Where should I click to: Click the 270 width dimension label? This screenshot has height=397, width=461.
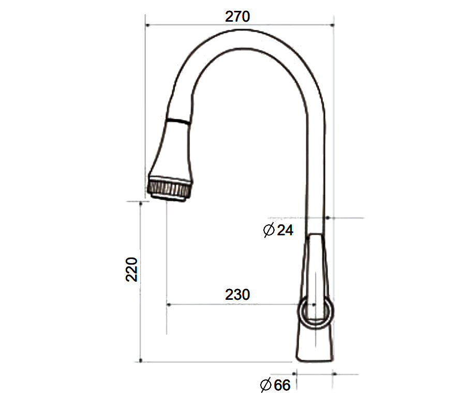(237, 17)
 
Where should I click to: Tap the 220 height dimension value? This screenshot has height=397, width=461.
(131, 269)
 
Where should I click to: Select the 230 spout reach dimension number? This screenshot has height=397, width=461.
(237, 295)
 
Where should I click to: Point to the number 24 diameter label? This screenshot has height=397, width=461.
(285, 230)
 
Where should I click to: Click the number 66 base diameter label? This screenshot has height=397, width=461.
(282, 385)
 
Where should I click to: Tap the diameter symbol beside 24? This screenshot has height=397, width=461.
(269, 230)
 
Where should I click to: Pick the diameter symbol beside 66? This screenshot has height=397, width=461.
(266, 385)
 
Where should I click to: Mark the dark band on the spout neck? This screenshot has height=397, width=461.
(177, 121)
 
